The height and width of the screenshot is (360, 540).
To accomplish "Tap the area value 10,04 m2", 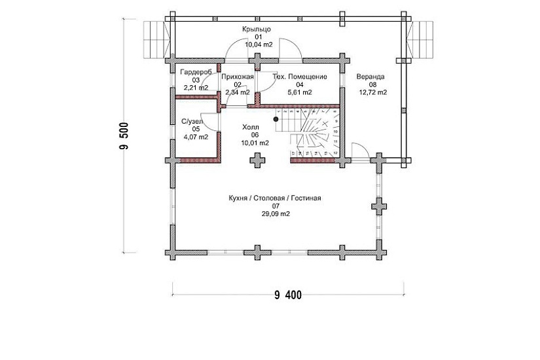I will pos(259,45).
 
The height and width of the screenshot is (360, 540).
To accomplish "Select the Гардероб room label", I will pos(194,71).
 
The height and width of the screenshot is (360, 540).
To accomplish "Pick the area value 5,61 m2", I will pos(300,92).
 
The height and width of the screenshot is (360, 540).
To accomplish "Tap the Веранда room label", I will pos(371,77).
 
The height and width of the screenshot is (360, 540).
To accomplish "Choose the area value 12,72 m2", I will pos(373,92).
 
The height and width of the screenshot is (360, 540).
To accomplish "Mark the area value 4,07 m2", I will pos(196,137).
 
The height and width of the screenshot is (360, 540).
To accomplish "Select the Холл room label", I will pos(250,127).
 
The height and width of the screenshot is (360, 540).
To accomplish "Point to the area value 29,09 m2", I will pos(275,213).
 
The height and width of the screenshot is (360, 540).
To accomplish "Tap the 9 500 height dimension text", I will pos(124,137).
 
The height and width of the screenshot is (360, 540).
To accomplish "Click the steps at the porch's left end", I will pos(156,39).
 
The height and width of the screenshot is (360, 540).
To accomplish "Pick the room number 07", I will pos(275,206).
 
